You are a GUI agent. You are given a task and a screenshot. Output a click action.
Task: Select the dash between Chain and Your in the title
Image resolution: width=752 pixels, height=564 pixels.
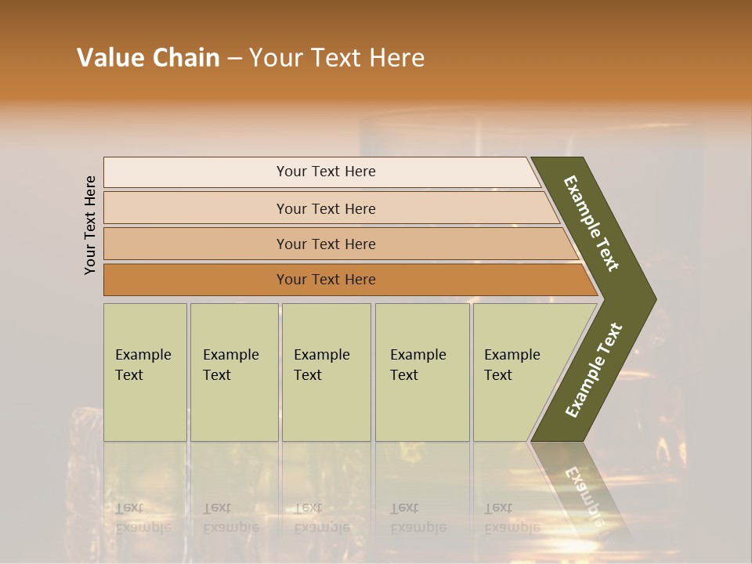coord(233,59)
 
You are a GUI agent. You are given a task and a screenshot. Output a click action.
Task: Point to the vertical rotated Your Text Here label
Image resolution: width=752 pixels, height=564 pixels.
coord(90,225)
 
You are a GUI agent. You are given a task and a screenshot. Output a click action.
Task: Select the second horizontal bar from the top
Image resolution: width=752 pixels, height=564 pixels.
coord(326,208)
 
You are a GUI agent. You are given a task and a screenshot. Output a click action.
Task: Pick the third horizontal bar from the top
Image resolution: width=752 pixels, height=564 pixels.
coord(326,244)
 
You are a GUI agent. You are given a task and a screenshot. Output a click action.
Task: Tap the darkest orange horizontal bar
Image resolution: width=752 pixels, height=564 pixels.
coord(326,280)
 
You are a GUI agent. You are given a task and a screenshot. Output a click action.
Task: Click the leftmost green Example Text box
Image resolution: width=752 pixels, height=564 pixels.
coord(145,372)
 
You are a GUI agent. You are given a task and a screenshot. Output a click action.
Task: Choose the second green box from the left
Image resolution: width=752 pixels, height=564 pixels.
coord(233,372)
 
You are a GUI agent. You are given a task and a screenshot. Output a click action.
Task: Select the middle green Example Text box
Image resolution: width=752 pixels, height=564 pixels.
coord(326,372)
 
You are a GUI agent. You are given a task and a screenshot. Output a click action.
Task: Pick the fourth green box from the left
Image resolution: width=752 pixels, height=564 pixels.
coord(422,372)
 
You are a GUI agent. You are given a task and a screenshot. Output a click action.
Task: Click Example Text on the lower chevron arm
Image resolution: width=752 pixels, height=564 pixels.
coord(593,370)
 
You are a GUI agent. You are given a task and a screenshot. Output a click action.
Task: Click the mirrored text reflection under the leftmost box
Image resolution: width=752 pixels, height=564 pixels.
coord(142,518)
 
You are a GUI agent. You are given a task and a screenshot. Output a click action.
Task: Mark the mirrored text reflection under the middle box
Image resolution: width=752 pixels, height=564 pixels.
coord(321,518)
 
